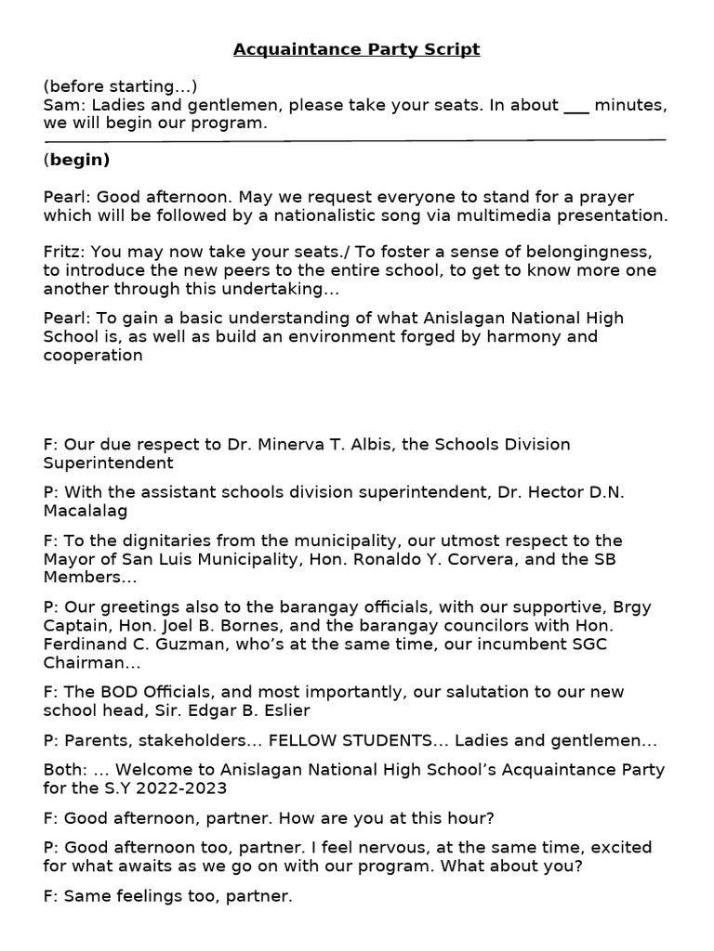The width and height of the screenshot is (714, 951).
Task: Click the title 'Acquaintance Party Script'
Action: tap(357, 49)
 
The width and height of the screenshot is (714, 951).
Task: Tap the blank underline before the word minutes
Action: tap(576, 108)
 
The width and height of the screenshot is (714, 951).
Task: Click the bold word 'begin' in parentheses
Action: tap(79, 160)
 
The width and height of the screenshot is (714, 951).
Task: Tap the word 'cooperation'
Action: tap(93, 355)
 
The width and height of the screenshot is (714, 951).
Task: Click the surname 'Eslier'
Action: tap(284, 710)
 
